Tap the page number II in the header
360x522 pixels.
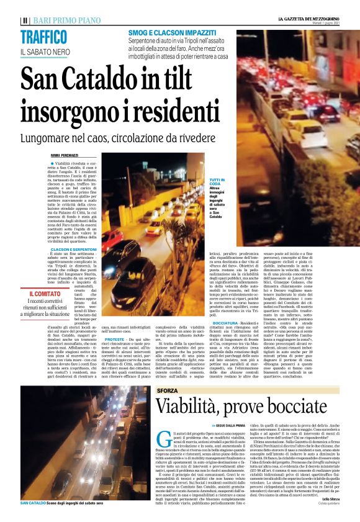coord(25,20)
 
